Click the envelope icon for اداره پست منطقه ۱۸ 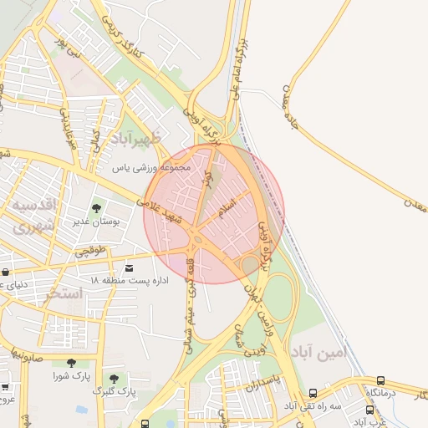point(129,267)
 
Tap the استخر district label point(65,293)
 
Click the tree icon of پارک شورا point(70,363)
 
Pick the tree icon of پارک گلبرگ point(114,378)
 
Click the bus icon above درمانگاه point(381,380)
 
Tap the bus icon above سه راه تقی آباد point(313,393)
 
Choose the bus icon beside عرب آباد point(370,410)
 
